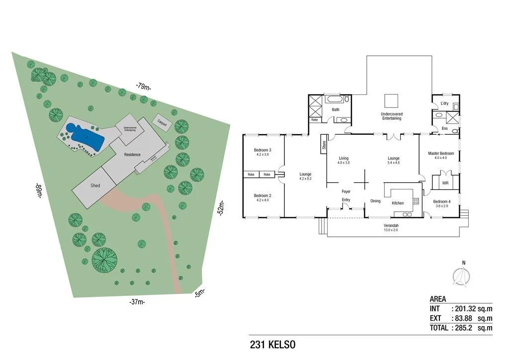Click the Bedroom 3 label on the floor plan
262,150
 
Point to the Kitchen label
398,203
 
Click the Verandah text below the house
390,225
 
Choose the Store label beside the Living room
324,146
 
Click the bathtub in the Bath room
338,99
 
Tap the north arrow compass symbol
463,274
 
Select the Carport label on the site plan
162,122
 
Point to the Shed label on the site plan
95,185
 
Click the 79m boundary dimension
143,87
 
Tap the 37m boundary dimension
138,301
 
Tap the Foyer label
346,191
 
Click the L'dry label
445,103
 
